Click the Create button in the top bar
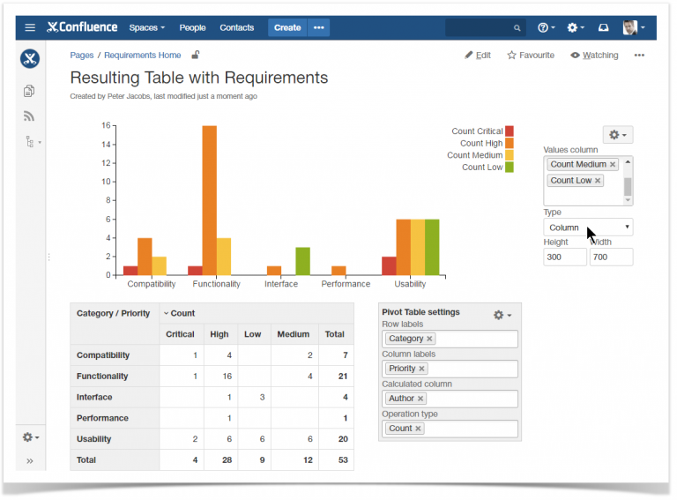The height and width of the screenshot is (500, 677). pyautogui.click(x=286, y=27)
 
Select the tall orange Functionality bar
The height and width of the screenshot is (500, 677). pyautogui.click(x=209, y=200)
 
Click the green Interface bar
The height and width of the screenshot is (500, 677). pyautogui.click(x=302, y=261)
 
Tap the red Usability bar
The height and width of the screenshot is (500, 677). pyautogui.click(x=389, y=265)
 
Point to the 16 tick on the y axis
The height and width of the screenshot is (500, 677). pyautogui.click(x=106, y=125)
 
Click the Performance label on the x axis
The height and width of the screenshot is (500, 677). pyautogui.click(x=346, y=284)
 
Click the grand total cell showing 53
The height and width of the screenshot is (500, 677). pyautogui.click(x=335, y=460)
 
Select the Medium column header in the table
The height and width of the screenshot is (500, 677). pyautogui.click(x=294, y=334)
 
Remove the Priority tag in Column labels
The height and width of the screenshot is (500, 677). pyautogui.click(x=422, y=369)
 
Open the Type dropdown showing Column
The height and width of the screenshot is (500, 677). pyautogui.click(x=587, y=228)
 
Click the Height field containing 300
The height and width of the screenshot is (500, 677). pyautogui.click(x=564, y=257)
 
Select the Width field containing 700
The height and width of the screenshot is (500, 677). pyautogui.click(x=610, y=257)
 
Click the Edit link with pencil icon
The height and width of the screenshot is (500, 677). pyautogui.click(x=478, y=56)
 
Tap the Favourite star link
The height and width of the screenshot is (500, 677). pyautogui.click(x=531, y=56)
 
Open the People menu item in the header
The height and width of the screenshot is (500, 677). pyautogui.click(x=192, y=27)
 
